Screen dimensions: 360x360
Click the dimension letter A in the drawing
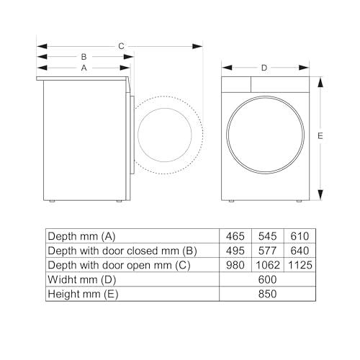(84, 68)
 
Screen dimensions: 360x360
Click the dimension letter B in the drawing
(84, 56)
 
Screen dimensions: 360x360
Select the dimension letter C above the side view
(121, 45)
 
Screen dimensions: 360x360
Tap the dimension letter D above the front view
(264, 68)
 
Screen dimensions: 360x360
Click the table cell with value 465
(235, 236)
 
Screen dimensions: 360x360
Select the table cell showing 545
(266, 236)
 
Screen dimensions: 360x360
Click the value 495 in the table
(235, 251)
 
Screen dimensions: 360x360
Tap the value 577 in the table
(266, 251)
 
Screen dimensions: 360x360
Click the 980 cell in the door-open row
(235, 265)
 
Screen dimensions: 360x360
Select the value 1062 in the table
(266, 265)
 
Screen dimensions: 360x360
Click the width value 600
(266, 279)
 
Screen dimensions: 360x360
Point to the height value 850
(266, 294)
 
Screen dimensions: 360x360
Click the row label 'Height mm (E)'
(82, 294)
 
